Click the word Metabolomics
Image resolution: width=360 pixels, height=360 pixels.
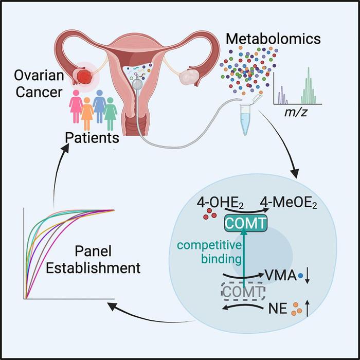pyautogui.click(x=273, y=39)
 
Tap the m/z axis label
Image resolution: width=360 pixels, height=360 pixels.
pyautogui.click(x=296, y=112)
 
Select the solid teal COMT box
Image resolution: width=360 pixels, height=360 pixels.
pyautogui.click(x=245, y=223)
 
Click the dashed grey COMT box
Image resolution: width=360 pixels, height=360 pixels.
pyautogui.click(x=243, y=292)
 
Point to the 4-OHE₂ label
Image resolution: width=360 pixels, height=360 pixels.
pyautogui.click(x=220, y=204)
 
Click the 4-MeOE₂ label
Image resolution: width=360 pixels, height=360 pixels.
pyautogui.click(x=289, y=204)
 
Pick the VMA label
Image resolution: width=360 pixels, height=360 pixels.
pyautogui.click(x=281, y=275)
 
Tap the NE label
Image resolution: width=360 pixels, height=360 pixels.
pyautogui.click(x=278, y=309)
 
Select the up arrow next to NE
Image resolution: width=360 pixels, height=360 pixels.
pyautogui.click(x=307, y=309)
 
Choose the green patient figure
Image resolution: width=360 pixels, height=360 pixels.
pyautogui.click(x=110, y=114)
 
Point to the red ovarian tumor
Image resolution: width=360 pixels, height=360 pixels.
pyautogui.click(x=85, y=77)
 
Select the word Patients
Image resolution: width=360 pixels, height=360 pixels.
pyautogui.click(x=92, y=138)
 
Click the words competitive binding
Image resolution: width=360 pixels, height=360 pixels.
pyautogui.click(x=209, y=252)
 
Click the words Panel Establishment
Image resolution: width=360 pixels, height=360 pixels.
pyautogui.click(x=93, y=259)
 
